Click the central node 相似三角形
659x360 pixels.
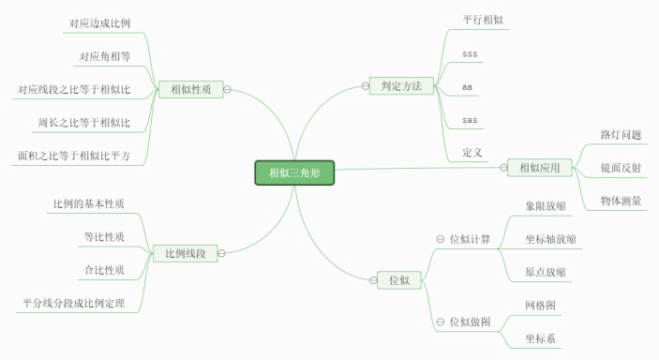(x=294, y=173)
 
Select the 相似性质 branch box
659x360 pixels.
(x=190, y=90)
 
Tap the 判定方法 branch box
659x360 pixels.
(x=401, y=86)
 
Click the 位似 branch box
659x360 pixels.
(x=398, y=279)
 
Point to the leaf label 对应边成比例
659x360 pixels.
(x=99, y=22)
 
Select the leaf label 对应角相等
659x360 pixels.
(x=105, y=56)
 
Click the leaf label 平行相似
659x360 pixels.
(x=484, y=19)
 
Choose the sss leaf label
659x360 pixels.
(x=470, y=53)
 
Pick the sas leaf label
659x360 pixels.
(x=470, y=120)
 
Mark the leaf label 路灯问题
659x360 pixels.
(x=621, y=135)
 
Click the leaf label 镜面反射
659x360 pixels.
(x=621, y=168)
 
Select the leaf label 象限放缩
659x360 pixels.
(x=546, y=205)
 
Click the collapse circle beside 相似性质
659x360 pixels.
(x=228, y=91)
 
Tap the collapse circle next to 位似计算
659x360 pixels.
(x=440, y=239)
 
